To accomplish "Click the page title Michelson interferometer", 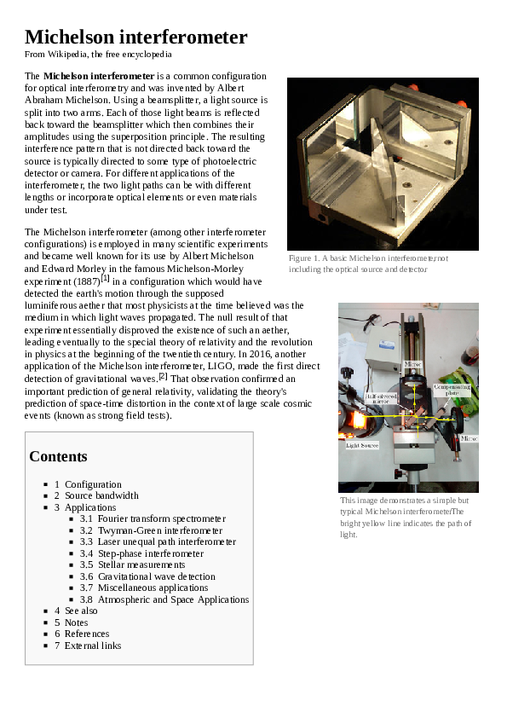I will point(135,38).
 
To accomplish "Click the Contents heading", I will point(58,456).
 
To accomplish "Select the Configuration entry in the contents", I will point(93,484).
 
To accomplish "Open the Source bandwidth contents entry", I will point(101,495).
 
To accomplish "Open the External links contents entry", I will point(93,646).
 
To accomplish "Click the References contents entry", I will point(87,634).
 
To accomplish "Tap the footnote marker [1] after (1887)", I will point(106,277).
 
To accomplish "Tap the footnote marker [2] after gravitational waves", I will point(163,376).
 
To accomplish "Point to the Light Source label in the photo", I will point(362,445).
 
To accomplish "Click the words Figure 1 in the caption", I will point(303,258).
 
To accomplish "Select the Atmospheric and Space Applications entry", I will point(173,599).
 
